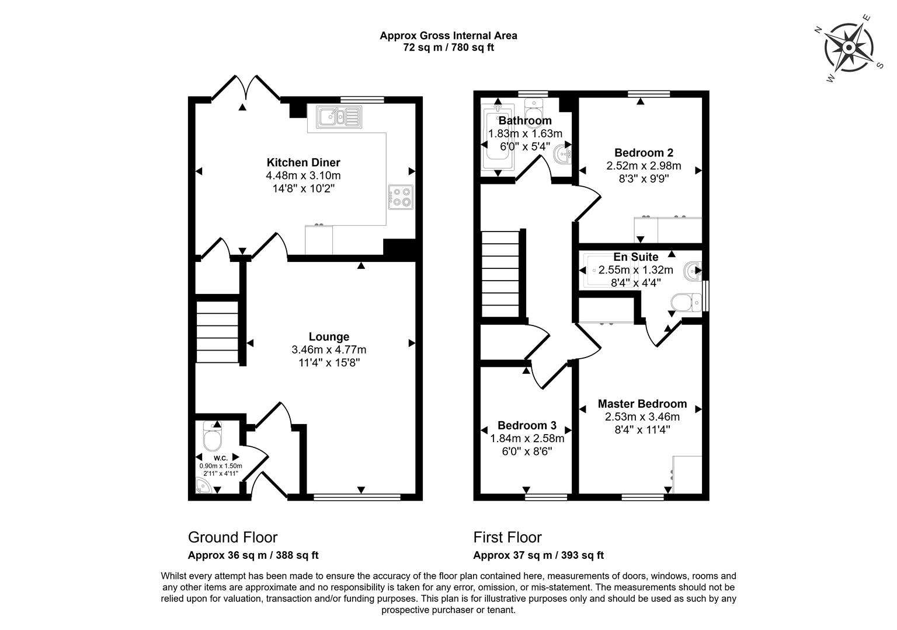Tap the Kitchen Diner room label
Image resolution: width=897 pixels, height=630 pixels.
click(x=303, y=163)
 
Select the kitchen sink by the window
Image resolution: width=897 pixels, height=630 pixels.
click(x=339, y=117)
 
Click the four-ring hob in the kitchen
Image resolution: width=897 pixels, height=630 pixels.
click(x=401, y=197)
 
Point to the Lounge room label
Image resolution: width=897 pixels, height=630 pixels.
click(x=329, y=337)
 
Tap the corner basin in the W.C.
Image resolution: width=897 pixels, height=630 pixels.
click(x=203, y=486)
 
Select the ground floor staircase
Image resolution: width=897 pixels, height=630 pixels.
click(x=217, y=332)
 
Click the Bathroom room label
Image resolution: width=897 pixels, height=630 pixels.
click(x=525, y=121)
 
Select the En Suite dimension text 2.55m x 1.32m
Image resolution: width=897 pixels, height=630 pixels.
click(x=635, y=270)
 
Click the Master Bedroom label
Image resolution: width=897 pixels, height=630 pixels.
click(x=642, y=404)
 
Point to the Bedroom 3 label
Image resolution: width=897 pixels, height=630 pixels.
click(x=527, y=426)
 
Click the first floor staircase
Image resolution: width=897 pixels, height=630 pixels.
click(x=500, y=274)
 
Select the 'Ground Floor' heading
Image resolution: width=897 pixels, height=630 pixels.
click(x=232, y=537)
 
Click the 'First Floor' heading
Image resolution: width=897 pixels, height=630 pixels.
click(x=507, y=537)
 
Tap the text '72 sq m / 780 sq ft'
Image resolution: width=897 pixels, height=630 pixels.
click(x=448, y=48)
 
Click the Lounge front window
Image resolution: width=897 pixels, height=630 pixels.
click(x=357, y=497)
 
